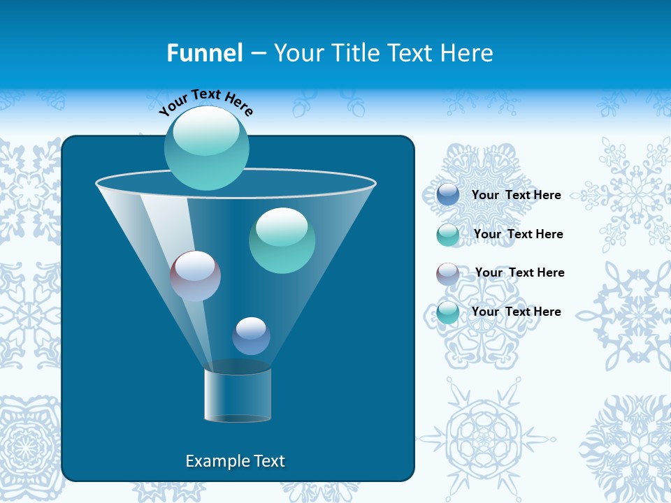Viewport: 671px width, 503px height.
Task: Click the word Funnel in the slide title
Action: coord(205,53)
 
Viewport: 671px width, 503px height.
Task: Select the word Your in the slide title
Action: coord(297,53)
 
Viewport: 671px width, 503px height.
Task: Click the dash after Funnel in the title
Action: coord(258,54)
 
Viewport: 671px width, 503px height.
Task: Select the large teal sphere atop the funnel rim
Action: coord(207,147)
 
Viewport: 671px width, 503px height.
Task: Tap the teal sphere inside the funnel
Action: coord(282,240)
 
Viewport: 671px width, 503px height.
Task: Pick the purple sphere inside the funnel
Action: coord(195,276)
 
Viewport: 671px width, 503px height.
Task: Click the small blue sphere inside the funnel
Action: coord(251,336)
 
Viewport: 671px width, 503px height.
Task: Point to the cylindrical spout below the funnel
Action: coord(238,395)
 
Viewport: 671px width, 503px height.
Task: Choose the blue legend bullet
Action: coord(448,195)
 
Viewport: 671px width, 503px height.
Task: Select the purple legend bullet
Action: coord(448,274)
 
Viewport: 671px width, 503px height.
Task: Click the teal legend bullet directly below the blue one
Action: coord(448,235)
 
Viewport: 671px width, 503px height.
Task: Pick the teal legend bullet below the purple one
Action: coord(448,312)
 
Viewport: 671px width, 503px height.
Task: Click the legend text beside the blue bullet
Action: coord(516,196)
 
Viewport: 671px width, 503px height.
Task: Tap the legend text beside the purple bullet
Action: coord(519,273)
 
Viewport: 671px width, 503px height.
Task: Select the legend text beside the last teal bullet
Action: coord(516,312)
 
